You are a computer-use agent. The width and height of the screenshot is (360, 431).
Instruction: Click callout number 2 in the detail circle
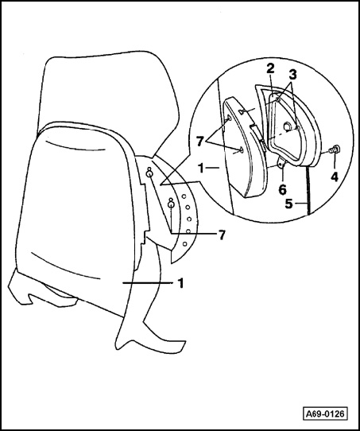click(x=270, y=68)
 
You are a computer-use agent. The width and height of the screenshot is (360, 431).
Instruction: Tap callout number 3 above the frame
click(x=292, y=74)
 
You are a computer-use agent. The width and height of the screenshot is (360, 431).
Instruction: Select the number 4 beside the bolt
click(x=335, y=177)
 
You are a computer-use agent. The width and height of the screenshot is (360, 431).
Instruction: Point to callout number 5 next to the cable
click(x=289, y=204)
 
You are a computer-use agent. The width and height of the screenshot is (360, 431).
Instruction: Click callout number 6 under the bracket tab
click(x=282, y=190)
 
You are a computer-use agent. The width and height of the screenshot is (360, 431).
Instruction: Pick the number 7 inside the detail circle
click(x=200, y=142)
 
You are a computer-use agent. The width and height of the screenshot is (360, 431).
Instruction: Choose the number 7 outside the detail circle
click(x=222, y=235)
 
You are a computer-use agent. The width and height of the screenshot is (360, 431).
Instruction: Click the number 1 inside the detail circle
click(x=201, y=169)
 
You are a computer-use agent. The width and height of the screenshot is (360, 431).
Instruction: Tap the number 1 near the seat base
click(x=180, y=283)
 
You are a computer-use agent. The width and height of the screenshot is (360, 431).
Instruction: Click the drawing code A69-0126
click(x=325, y=414)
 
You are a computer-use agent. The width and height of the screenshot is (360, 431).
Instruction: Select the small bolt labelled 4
click(x=335, y=149)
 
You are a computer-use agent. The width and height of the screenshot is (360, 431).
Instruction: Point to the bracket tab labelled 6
click(x=281, y=163)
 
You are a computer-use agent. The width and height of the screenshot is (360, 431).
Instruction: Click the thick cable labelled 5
click(x=308, y=190)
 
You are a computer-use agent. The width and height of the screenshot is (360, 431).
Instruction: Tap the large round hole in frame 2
click(x=288, y=126)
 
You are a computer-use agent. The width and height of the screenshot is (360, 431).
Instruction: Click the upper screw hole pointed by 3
click(x=278, y=100)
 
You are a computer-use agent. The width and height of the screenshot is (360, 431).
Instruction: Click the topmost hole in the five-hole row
click(x=184, y=196)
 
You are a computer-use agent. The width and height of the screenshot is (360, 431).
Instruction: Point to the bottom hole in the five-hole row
click(x=185, y=243)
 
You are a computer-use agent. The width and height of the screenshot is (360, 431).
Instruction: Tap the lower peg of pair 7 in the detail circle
click(x=241, y=149)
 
